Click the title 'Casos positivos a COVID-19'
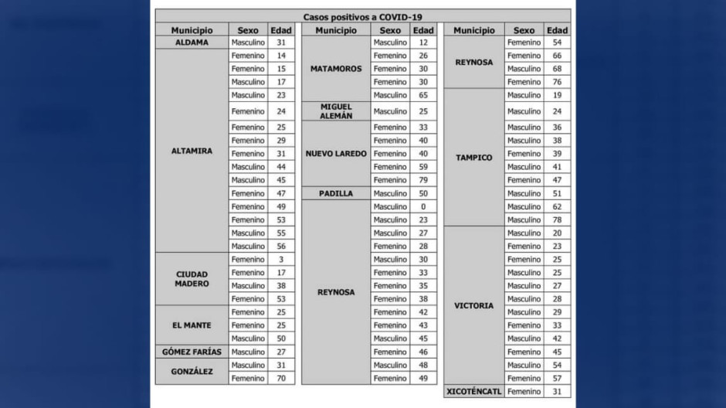coord(362,17)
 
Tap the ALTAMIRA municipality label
coord(192,151)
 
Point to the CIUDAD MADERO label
coord(192,279)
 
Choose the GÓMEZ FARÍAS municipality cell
coord(192,352)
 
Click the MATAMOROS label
coord(335,69)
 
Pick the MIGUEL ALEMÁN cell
coord(335,111)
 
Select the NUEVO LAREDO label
coord(335,154)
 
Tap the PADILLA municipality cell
coord(335,193)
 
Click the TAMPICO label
coord(473,158)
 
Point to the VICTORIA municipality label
coord(473,306)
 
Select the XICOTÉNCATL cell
coord(473,392)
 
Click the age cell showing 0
coord(423,206)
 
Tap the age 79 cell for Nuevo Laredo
coord(423,180)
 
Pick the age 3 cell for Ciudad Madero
coord(281,260)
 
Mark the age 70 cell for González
coord(281,379)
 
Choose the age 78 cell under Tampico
coord(557,219)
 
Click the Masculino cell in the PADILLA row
coord(390,193)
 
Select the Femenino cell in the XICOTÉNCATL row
coord(524,392)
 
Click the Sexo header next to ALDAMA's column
coord(248,30)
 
